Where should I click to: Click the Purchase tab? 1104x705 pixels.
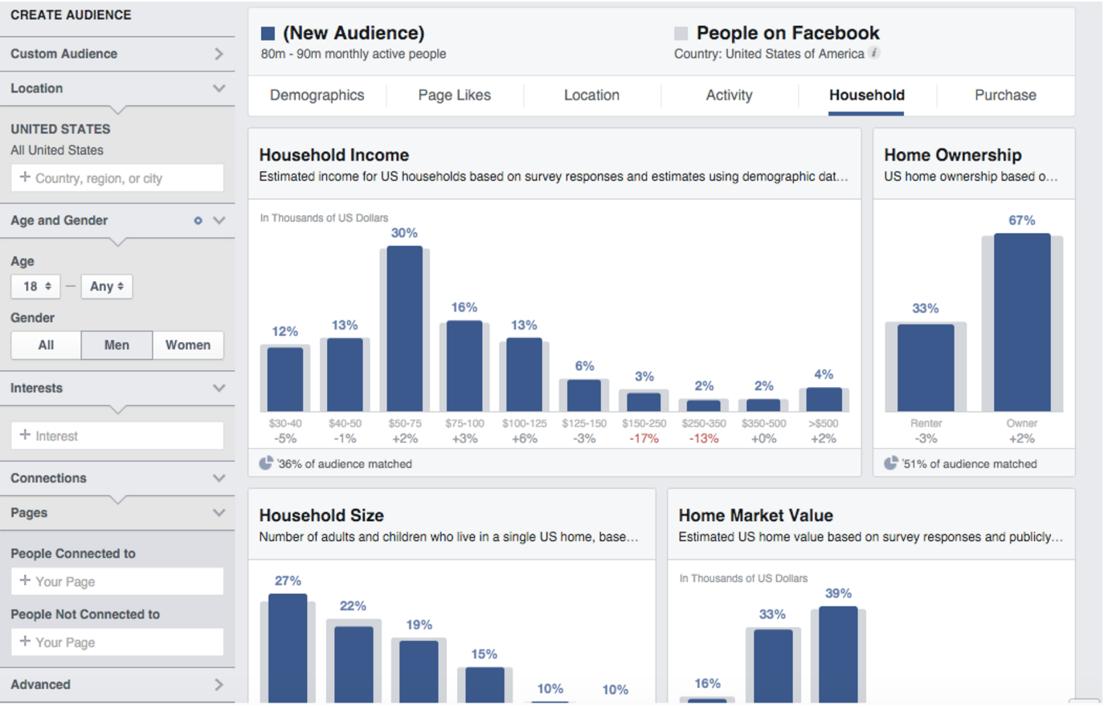[1005, 96]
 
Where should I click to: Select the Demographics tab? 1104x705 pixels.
[317, 96]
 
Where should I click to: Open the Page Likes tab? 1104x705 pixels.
[454, 96]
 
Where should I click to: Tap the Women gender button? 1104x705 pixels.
[188, 345]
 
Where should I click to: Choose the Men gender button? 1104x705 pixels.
[117, 345]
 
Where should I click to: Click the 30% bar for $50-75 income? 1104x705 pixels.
[405, 329]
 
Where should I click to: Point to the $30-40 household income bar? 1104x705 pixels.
[285, 379]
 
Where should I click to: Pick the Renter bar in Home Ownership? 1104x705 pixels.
[926, 368]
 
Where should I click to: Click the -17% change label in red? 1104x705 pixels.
[644, 439]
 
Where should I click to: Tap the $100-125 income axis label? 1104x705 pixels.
[524, 423]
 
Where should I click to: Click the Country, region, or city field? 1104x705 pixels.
[117, 178]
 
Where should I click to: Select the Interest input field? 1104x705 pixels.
[117, 436]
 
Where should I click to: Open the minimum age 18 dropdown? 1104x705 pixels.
[37, 287]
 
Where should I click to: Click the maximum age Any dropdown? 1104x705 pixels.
[107, 287]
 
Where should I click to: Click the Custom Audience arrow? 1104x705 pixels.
[219, 54]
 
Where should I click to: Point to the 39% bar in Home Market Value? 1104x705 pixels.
[838, 654]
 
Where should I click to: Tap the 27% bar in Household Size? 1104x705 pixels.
[288, 648]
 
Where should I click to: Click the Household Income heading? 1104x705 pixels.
[333, 155]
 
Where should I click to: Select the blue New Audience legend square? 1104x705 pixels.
[268, 34]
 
